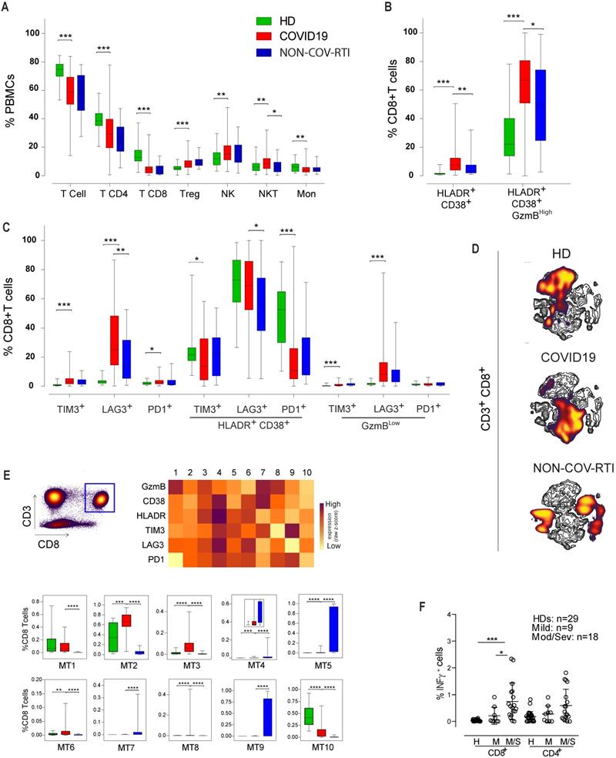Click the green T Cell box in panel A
point(59,70)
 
